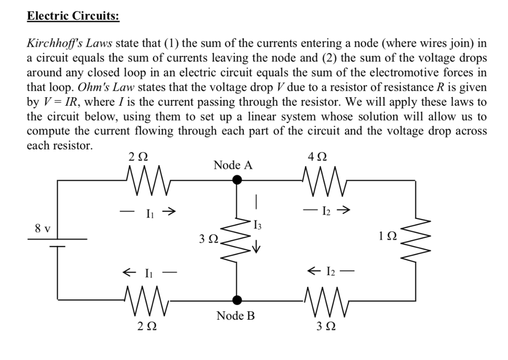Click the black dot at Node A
click(238, 181)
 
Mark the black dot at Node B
click(238, 299)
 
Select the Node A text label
click(233, 165)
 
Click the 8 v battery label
click(42, 229)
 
